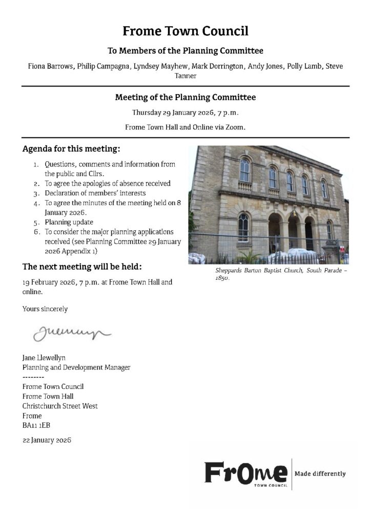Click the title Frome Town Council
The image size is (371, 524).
click(x=185, y=31)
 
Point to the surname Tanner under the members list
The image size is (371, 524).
click(x=185, y=76)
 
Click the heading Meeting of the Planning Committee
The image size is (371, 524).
click(x=185, y=97)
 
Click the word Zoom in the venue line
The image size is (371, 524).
click(x=235, y=126)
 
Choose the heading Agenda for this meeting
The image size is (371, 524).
click(x=71, y=149)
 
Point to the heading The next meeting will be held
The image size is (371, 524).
click(x=82, y=267)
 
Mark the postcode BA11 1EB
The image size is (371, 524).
click(x=36, y=425)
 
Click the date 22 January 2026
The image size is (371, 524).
click(x=47, y=440)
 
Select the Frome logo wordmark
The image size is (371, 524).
click(x=246, y=473)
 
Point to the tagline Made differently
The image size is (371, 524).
click(x=320, y=474)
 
